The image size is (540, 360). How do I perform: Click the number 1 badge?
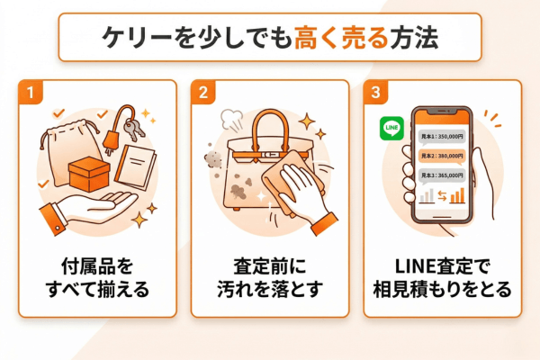(x=31, y=93)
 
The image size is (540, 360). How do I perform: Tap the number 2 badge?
(x=204, y=93)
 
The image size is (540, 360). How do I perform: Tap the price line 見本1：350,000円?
(x=442, y=136)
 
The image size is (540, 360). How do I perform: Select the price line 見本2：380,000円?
(x=442, y=156)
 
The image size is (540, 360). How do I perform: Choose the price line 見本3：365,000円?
(x=442, y=175)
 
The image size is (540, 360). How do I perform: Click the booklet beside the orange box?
(x=134, y=167)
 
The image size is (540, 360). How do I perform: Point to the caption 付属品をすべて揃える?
(x=95, y=279)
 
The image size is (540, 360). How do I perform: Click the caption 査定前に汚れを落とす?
(x=269, y=279)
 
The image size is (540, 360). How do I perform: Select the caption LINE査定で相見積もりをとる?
(x=442, y=279)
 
